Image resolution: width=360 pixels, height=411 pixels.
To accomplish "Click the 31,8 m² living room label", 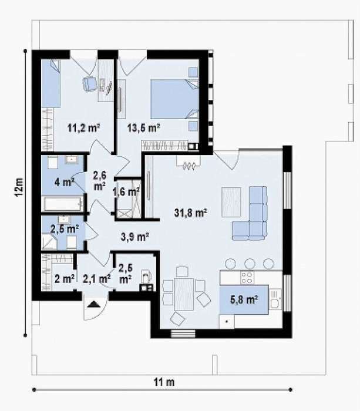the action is click(191, 213).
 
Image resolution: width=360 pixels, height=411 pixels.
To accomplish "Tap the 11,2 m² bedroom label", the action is click(84, 128).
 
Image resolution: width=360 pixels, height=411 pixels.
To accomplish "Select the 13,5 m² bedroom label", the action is click(143, 128).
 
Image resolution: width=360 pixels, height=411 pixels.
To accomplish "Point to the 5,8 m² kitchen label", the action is click(244, 299).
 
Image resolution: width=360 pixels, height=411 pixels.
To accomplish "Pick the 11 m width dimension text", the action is click(164, 382).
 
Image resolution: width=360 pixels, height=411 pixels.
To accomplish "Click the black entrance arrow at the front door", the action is click(95, 304).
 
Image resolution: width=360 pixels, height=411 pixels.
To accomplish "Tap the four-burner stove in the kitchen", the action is click(247, 278).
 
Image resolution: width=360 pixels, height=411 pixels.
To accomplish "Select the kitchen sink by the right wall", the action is click(275, 299).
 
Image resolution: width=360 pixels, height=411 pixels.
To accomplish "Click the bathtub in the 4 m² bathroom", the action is click(63, 203).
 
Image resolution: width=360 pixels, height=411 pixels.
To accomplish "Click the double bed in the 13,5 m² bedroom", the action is click(174, 99).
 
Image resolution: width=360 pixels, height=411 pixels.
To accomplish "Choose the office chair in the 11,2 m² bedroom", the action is click(90, 84).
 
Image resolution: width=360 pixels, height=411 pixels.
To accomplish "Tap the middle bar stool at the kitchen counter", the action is click(250, 264).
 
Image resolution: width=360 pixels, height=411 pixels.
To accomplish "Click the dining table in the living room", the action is click(184, 294).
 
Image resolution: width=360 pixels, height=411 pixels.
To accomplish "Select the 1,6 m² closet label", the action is click(126, 192).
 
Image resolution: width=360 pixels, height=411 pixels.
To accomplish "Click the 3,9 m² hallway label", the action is click(135, 237).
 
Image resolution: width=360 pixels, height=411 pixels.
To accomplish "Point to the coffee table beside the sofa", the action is click(231, 202).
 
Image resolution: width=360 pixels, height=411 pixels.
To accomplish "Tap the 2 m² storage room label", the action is click(65, 278).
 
